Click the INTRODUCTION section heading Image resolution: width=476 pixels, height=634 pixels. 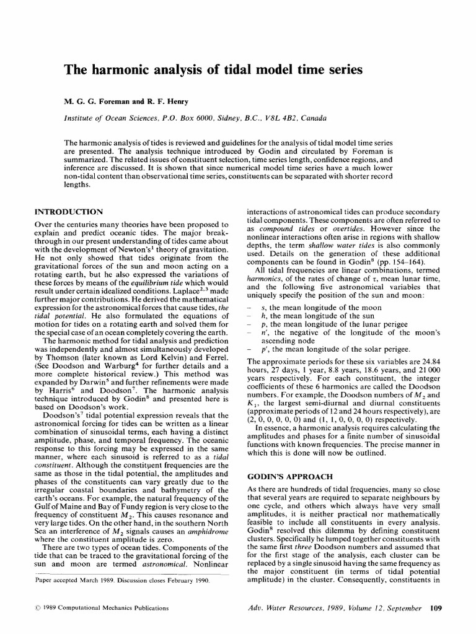(x=69, y=212)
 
